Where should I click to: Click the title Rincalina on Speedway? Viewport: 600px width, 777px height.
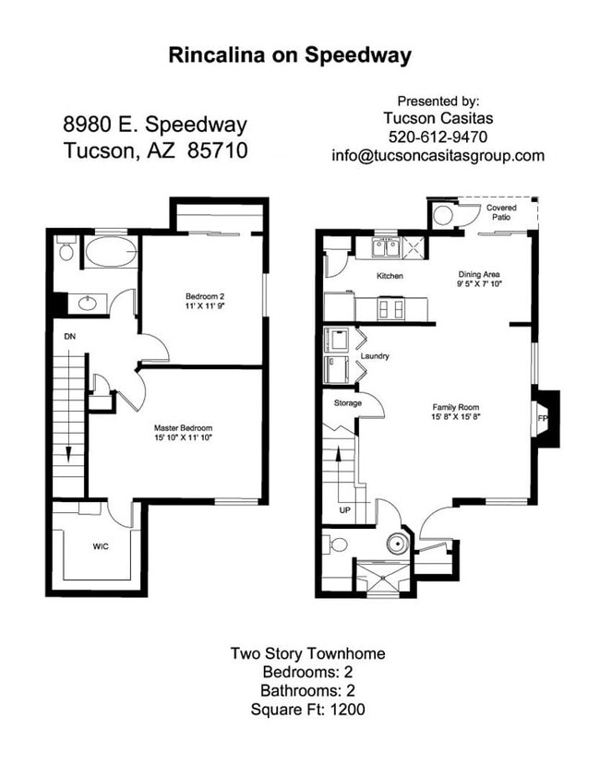290,55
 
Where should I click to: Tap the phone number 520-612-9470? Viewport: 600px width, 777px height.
438,137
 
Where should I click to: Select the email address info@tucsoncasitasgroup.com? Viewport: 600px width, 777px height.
438,156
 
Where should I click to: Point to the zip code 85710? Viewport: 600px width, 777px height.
217,150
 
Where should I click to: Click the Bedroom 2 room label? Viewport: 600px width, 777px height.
204,296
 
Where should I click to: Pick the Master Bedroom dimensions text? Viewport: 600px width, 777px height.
183,438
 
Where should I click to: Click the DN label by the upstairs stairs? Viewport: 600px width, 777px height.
69,337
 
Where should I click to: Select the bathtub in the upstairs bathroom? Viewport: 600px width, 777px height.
110,252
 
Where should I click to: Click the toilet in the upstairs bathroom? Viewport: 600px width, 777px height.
65,250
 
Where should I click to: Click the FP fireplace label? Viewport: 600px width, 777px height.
543,416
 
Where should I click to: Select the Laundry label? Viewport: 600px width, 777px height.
375,355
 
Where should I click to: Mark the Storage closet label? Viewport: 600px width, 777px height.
346,402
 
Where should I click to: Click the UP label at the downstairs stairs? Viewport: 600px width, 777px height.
345,508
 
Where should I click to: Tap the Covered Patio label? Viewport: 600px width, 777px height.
501,213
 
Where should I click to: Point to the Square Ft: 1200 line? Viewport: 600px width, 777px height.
307,710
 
